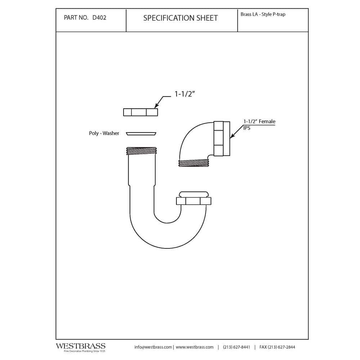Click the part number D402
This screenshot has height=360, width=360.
pos(99,18)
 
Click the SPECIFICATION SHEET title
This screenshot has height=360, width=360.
pos(180,18)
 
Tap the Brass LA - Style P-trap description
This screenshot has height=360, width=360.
pos(263,14)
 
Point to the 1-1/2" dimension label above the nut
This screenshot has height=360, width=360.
pos(185,94)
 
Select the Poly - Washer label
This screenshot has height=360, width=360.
pos(104,133)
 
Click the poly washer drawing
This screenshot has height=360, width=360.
pos(141,134)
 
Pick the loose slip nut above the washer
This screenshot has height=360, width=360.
pos(140,112)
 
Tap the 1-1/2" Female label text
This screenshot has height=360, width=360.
pos(260,121)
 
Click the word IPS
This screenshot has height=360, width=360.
pos(247,128)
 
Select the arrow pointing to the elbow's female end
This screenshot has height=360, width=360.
pos(237,131)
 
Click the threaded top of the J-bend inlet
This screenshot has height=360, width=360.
pos(141,151)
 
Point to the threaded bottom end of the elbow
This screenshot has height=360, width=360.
pos(194,163)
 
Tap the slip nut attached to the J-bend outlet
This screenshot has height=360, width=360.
pos(194,201)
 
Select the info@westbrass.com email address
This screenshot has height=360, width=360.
pos(153,347)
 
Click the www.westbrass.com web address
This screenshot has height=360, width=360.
pos(195,347)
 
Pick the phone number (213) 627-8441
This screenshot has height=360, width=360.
pos(237,347)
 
